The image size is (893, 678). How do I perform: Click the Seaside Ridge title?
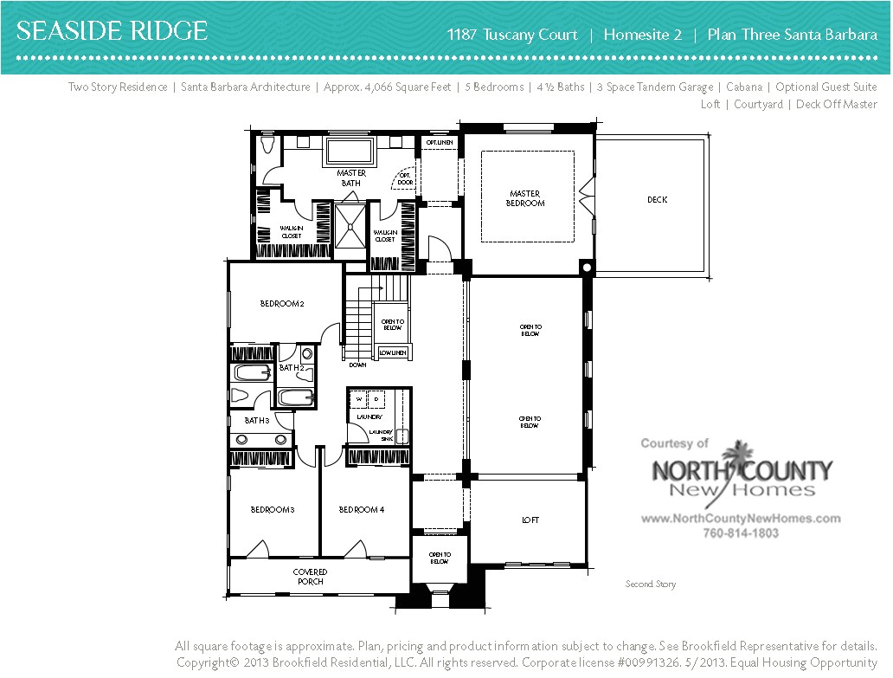[112, 33]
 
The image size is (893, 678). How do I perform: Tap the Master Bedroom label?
[526, 198]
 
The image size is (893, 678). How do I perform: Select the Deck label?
[657, 200]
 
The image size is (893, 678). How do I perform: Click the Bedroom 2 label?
[282, 304]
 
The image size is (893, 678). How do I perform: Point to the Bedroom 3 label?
[273, 510]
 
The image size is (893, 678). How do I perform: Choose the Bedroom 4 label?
[361, 510]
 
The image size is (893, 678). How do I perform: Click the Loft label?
[530, 520]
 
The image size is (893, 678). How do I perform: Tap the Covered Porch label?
[310, 577]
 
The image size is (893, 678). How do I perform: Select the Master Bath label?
[350, 178]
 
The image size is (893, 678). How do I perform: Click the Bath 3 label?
[257, 420]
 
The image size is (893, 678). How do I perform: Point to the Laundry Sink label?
[381, 436]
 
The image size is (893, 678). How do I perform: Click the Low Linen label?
[392, 352]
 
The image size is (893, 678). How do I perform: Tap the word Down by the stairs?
[357, 365]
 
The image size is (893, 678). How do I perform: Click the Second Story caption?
[651, 584]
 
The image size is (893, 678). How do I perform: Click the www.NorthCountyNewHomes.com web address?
[740, 519]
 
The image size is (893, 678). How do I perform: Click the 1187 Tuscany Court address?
[512, 36]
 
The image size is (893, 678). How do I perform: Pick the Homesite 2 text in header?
[642, 36]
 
